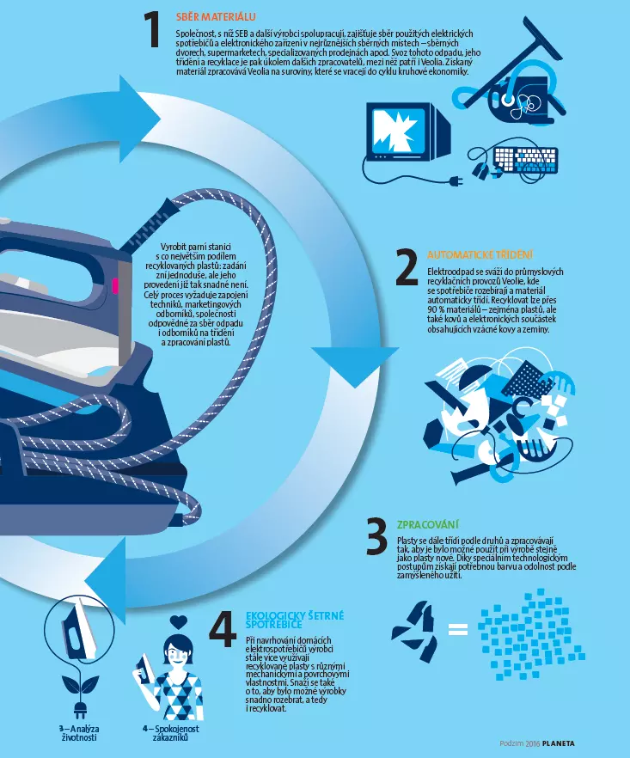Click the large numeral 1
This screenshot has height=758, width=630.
[153, 30]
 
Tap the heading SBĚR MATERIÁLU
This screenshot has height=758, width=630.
[216, 17]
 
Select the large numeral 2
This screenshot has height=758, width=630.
[407, 267]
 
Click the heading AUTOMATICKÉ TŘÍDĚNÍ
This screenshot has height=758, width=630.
[480, 254]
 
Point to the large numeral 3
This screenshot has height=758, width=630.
[376, 535]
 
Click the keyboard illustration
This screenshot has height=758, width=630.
[525, 160]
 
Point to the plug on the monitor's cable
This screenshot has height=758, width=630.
[456, 181]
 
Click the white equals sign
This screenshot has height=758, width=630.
[458, 629]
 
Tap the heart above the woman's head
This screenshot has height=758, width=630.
[179, 621]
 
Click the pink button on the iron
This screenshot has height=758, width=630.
[115, 285]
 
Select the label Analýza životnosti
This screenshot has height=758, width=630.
[79, 733]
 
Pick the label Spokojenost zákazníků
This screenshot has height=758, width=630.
[170, 733]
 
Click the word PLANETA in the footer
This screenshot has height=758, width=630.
[559, 743]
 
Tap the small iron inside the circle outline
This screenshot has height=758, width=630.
[79, 629]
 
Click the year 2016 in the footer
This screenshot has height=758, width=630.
[532, 743]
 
